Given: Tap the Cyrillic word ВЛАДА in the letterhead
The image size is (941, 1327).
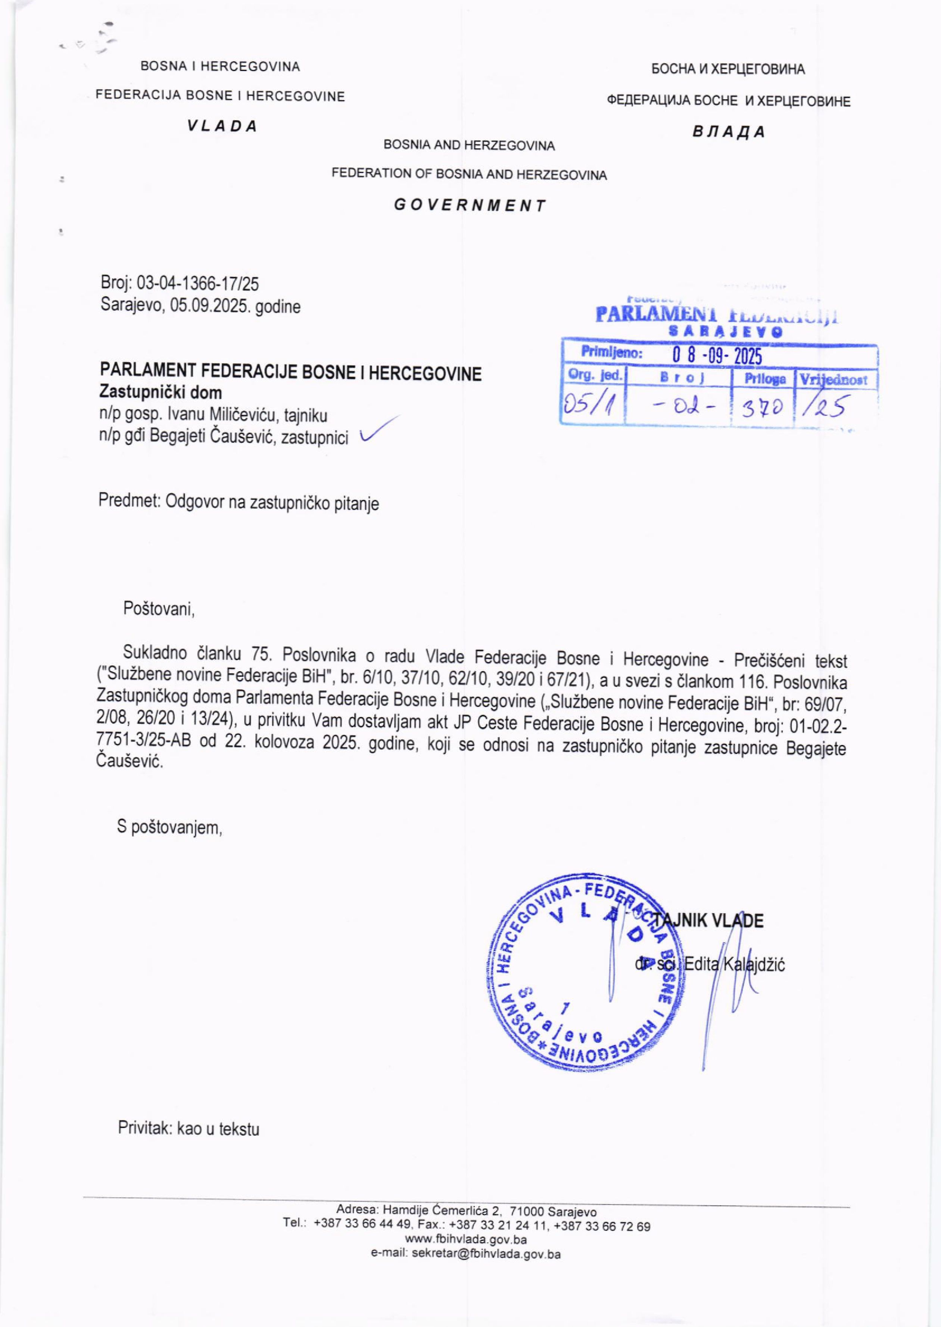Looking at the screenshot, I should (729, 132).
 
